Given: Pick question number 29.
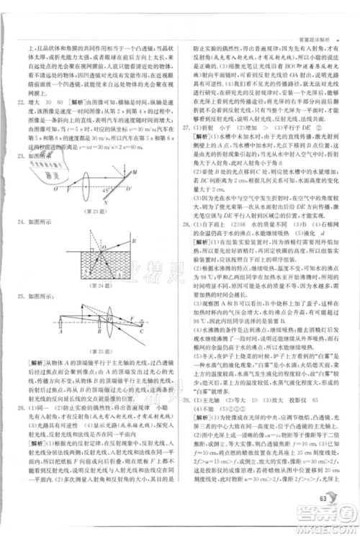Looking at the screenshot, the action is [x=187, y=419].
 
